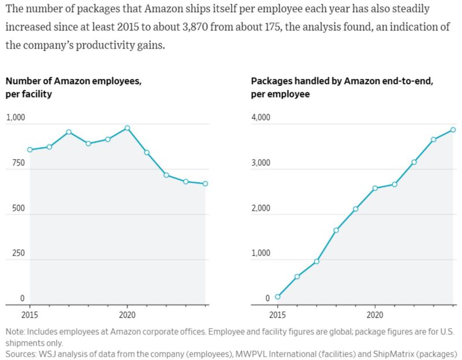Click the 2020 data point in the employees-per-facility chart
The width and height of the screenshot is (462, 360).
tap(127, 127)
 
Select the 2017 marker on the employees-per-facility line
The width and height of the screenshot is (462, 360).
tap(69, 132)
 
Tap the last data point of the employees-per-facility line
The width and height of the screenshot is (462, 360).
tap(205, 183)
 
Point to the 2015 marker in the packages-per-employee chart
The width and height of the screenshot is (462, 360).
tap(278, 297)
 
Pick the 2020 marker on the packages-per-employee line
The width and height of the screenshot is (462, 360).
tap(375, 188)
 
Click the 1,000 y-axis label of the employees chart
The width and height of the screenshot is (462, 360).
tap(16, 118)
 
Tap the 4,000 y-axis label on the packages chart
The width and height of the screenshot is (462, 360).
tap(261, 118)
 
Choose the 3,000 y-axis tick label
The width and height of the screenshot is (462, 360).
tap(261, 163)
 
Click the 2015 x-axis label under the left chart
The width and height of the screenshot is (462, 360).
tap(30, 316)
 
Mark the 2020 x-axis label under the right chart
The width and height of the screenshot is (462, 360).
tap(375, 316)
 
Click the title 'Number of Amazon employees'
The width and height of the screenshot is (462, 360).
tap(73, 81)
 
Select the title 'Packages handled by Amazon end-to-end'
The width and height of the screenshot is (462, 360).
tap(342, 81)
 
